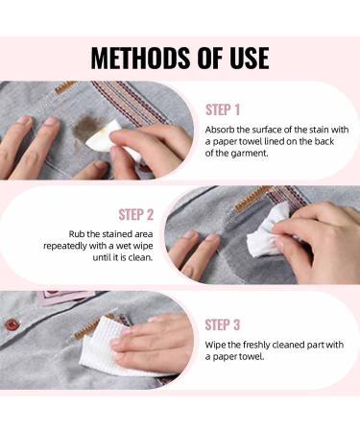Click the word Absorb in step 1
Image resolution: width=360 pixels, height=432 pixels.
pos(221,129)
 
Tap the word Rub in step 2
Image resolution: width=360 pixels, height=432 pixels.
pos(85,233)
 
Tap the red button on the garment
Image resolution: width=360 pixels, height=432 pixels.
pos(12,324)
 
